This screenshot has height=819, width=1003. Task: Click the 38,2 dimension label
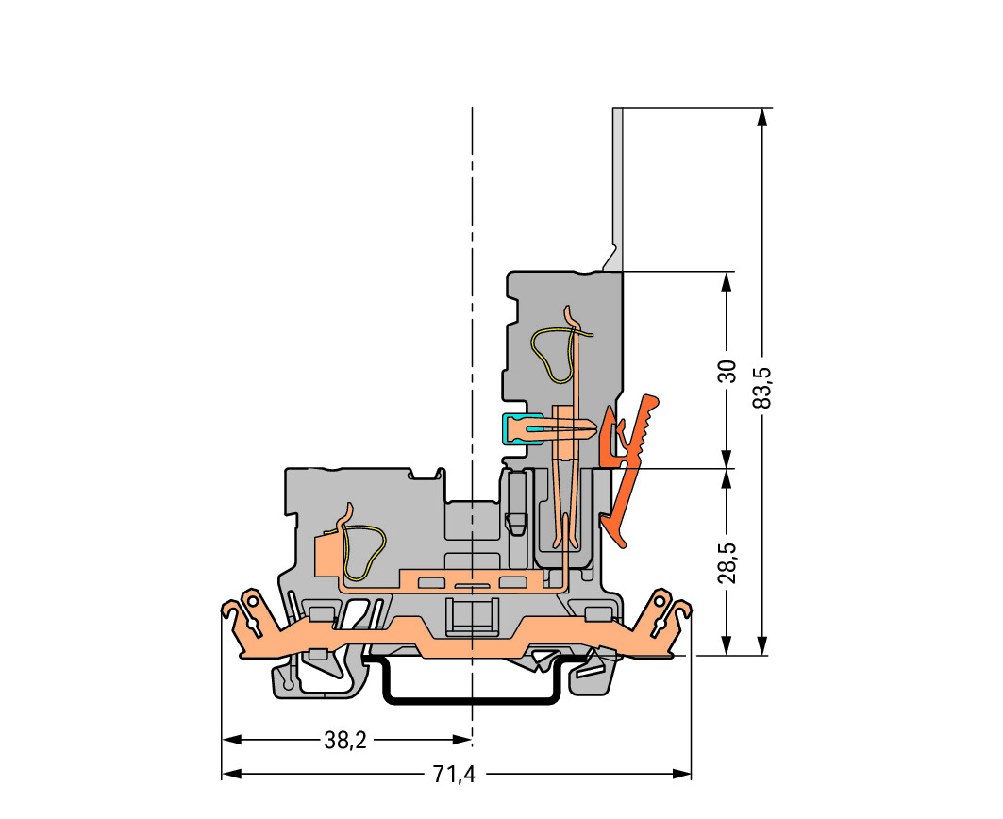click(x=345, y=741)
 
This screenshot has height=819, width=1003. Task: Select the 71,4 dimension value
click(x=454, y=775)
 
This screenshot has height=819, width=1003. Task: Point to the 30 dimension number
click(x=727, y=371)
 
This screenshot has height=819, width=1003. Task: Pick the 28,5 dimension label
click(x=727, y=562)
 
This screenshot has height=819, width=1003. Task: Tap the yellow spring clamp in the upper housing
click(x=555, y=354)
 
